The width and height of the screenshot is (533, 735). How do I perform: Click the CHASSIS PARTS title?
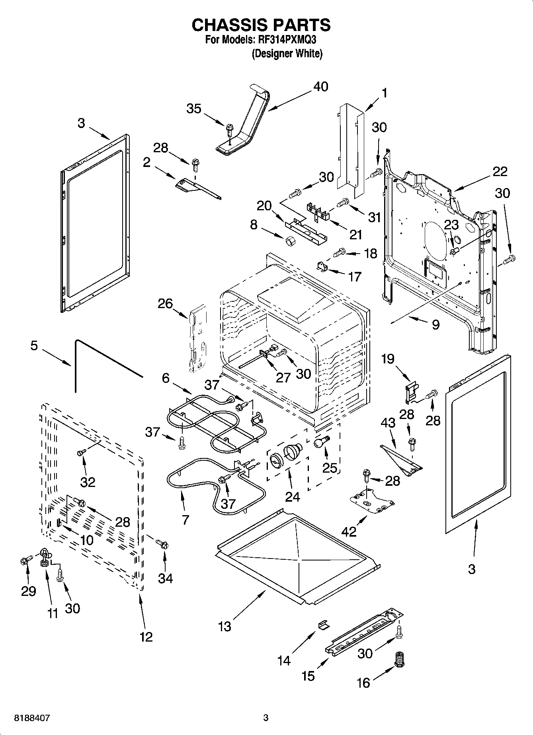[x=261, y=25]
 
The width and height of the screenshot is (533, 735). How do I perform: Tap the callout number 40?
[x=320, y=87]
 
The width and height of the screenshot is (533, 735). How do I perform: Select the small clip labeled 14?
[x=323, y=624]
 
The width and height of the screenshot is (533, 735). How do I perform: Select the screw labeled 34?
[x=162, y=543]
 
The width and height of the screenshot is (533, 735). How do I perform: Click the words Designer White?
[x=287, y=54]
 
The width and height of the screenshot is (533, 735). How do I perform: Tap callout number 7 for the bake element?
[x=185, y=519]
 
